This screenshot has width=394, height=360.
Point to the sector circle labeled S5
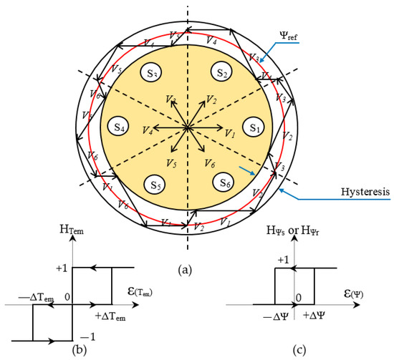click(153, 184)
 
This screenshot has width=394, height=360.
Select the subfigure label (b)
click(72, 351)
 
